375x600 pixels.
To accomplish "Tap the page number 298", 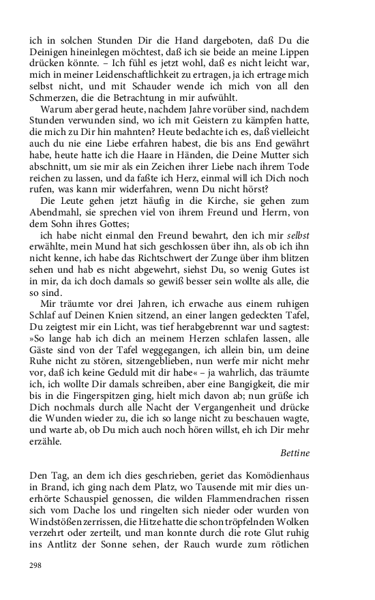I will pyautogui.click(x=36, y=565).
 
